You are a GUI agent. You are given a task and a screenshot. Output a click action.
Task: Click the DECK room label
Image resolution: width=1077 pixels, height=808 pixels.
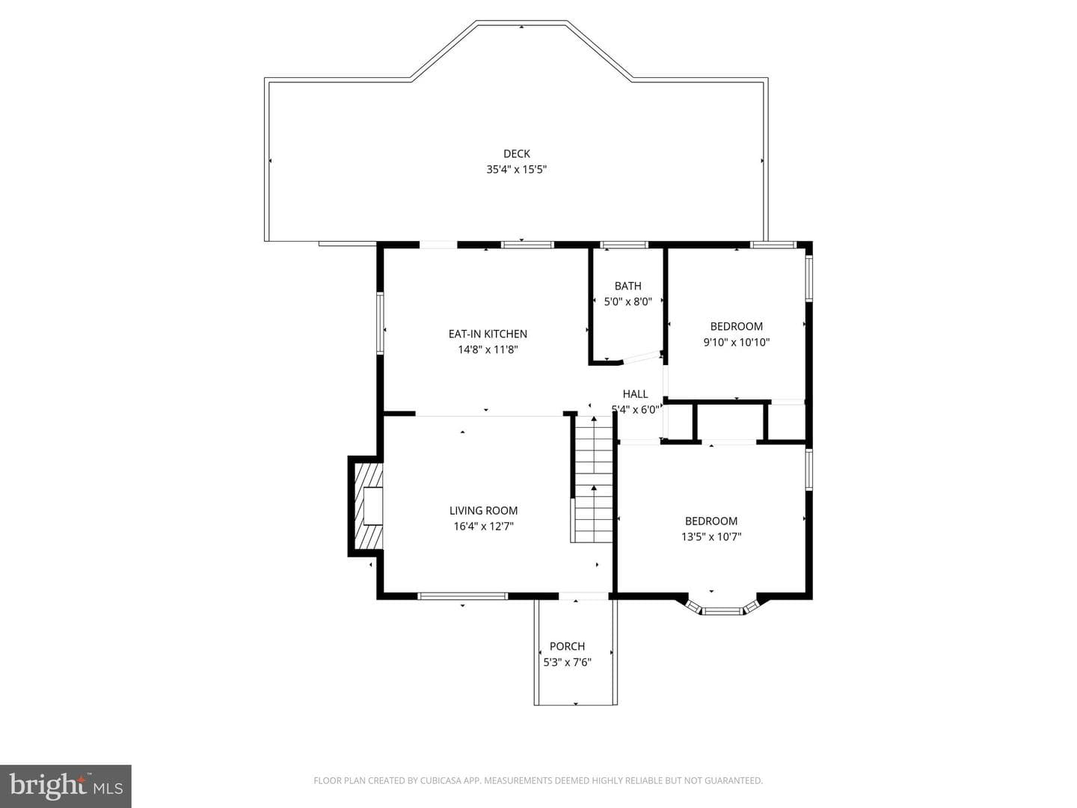click(516, 153)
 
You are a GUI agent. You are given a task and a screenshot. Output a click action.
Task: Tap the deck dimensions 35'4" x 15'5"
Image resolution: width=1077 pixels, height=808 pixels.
click(516, 170)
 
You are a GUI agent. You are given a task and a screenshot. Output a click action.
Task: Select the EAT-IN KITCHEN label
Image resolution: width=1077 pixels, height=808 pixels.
click(488, 334)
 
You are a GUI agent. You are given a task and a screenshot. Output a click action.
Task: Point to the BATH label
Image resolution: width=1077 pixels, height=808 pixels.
click(628, 286)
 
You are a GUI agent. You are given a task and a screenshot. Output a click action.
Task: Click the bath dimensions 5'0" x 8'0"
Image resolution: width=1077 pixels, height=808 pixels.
click(628, 302)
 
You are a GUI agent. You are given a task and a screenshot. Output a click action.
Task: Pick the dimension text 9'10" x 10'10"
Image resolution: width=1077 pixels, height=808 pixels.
click(737, 343)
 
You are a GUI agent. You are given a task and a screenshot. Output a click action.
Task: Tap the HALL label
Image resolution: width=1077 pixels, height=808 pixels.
click(635, 394)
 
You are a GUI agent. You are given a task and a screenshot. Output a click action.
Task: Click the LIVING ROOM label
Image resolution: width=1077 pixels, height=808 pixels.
click(483, 511)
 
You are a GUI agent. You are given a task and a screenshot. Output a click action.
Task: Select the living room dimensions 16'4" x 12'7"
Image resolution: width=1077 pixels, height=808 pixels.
click(483, 527)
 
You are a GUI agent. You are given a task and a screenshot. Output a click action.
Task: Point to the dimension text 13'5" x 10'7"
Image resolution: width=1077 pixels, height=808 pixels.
click(711, 536)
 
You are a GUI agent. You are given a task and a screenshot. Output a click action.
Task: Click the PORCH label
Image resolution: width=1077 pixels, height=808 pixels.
click(567, 646)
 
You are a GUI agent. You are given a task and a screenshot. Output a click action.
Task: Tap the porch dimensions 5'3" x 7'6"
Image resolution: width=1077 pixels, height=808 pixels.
click(567, 662)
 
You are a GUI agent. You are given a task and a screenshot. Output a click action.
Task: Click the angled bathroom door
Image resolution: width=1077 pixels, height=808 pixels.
click(642, 358)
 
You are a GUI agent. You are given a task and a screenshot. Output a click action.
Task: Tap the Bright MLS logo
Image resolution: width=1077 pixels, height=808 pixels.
click(66, 786)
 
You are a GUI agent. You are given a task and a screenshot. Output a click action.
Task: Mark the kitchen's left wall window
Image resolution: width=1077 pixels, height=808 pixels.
click(380, 322)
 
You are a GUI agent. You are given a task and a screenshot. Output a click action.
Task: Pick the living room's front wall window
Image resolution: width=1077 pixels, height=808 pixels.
click(462, 596)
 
